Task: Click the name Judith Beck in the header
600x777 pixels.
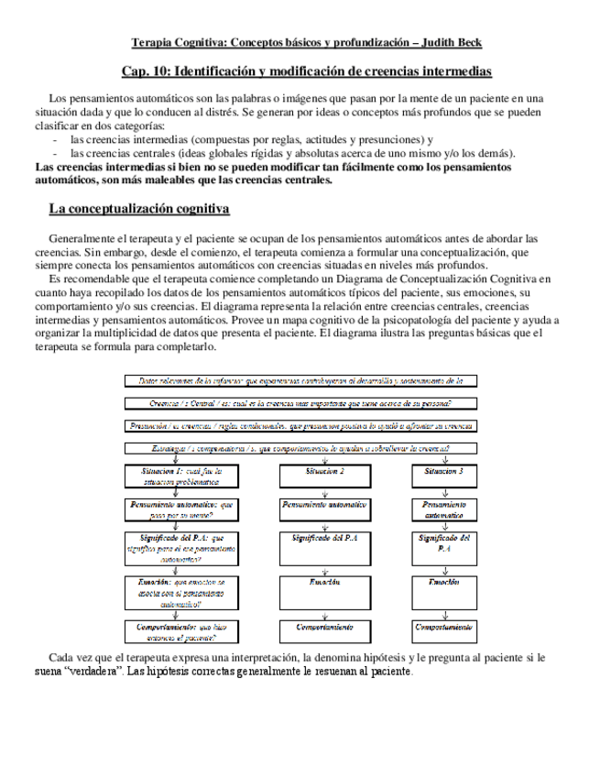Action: [449, 43]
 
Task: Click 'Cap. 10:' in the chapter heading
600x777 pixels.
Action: [145, 71]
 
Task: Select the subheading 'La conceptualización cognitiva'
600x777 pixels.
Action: [138, 209]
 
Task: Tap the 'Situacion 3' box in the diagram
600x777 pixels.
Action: [444, 471]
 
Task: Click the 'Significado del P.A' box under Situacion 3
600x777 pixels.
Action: [444, 543]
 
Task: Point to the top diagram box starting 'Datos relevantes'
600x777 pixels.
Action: [300, 379]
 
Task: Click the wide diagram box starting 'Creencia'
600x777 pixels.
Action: [300, 403]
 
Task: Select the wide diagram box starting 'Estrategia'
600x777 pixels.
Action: [300, 448]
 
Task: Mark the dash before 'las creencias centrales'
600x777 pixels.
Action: [57, 153]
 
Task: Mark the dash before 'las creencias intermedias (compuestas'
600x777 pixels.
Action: [57, 139]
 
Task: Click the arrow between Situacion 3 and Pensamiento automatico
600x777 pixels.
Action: [444, 491]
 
